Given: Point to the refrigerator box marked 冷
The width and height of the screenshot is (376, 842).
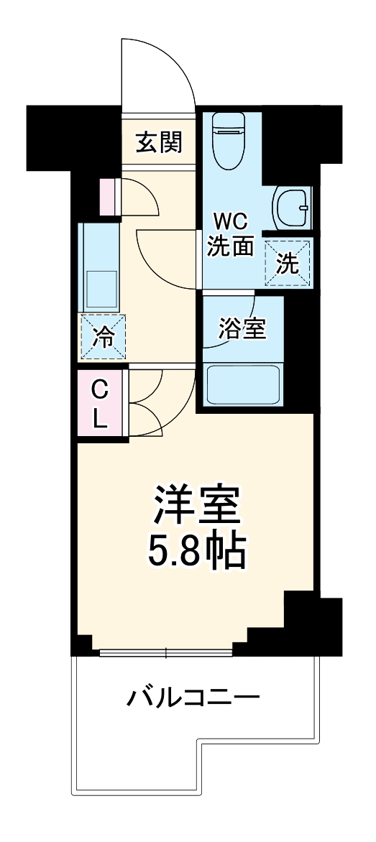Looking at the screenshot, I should (104, 337).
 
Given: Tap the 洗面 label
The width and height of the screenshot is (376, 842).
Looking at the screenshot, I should (231, 246).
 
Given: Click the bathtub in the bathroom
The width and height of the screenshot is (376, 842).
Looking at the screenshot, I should (243, 384).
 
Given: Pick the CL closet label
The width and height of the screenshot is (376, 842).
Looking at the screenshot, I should (100, 404).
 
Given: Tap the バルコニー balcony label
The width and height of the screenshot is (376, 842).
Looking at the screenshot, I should (194, 698).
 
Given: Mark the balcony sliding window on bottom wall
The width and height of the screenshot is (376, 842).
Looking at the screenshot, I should (166, 652).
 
